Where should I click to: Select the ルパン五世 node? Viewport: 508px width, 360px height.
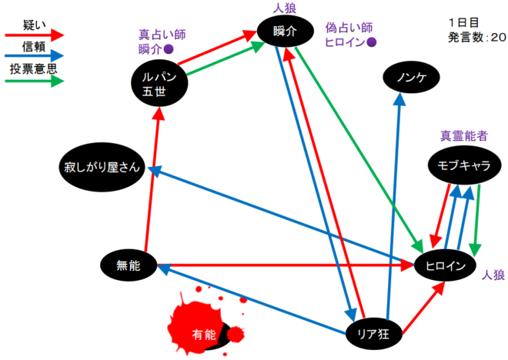coord(160,82)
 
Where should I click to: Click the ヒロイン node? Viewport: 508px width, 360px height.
coord(441,266)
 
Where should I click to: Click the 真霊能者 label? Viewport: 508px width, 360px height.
coord(465,136)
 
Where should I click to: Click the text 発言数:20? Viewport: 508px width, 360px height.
coord(477,35)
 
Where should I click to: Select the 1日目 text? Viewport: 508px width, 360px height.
coord(463,21)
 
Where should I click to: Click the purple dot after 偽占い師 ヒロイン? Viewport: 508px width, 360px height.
coord(372,42)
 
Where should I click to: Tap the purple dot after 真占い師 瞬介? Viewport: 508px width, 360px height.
coord(169,48)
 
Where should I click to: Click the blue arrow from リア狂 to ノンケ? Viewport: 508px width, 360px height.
coord(396,192)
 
